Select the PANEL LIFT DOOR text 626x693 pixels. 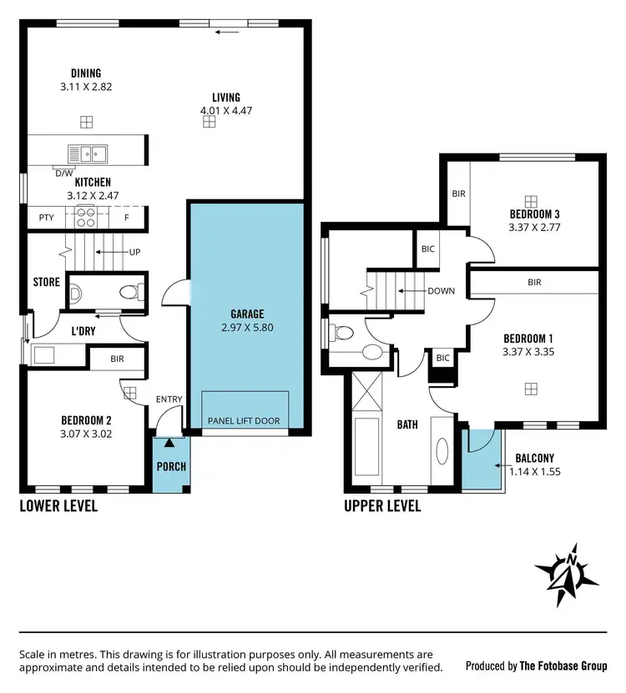coord(244,421)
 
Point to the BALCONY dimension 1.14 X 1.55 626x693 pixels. coord(534,471)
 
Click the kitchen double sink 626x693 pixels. coord(87,153)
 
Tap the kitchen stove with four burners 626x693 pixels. coord(87,217)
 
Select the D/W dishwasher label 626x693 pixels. coord(63,173)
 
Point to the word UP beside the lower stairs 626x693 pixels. coord(134,252)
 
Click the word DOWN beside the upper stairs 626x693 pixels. coord(440,291)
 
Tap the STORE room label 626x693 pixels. coord(47,282)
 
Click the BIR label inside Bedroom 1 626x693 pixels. coord(534,283)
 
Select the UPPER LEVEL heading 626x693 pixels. coord(382,505)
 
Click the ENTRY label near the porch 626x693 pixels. coord(169,399)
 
